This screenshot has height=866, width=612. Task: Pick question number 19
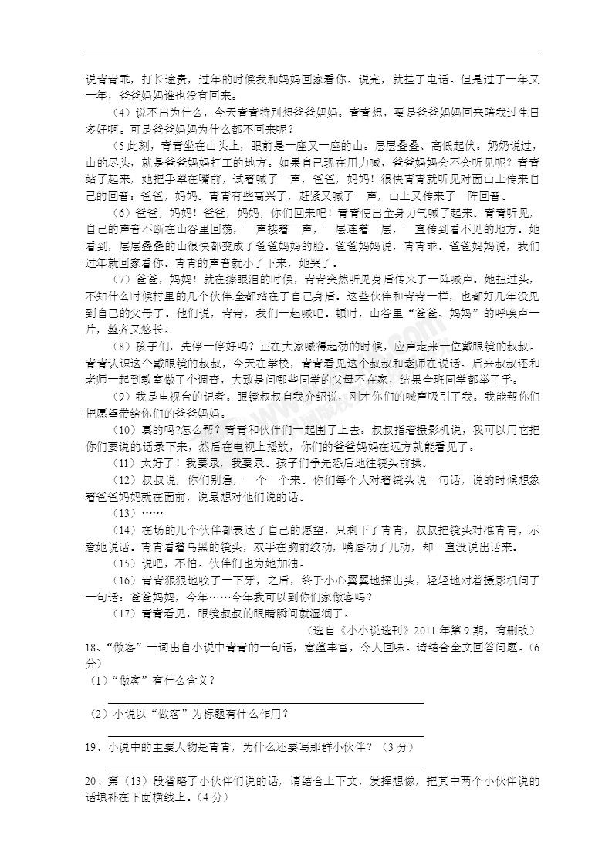pyautogui.click(x=90, y=747)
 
